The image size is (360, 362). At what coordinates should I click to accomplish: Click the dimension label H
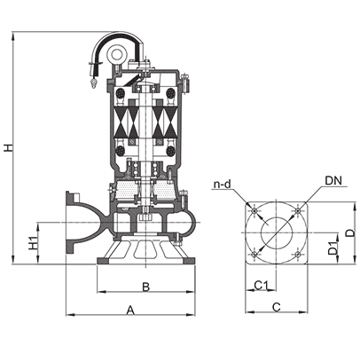9,147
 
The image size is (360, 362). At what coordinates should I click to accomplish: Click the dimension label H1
33,242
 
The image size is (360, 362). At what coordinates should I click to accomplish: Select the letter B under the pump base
146,287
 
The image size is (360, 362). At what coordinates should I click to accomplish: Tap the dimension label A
130,311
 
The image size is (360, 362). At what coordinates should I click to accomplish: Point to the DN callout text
333,180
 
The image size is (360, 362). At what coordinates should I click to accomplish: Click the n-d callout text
222,185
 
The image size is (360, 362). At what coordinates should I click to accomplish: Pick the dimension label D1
333,248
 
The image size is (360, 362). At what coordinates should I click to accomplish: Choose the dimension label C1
262,286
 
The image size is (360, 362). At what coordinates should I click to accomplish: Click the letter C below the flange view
276,307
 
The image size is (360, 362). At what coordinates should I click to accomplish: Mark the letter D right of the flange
350,233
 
